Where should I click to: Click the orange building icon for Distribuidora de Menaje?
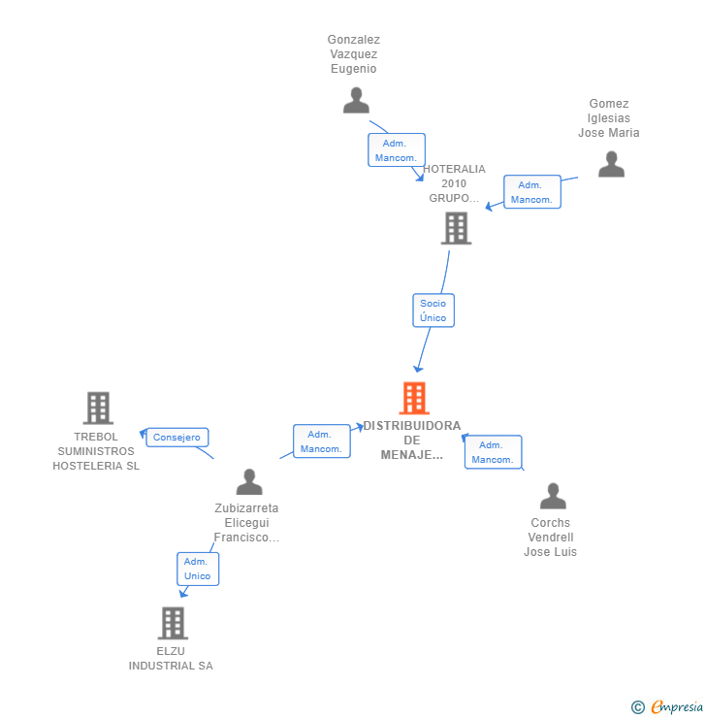[x=414, y=398]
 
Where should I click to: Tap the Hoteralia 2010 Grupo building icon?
[x=456, y=228]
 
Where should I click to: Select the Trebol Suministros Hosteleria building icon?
[x=98, y=408]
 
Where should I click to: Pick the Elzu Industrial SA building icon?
[x=173, y=623]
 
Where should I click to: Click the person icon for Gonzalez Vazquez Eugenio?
[x=356, y=101]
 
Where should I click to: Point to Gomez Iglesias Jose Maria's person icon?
[x=611, y=165]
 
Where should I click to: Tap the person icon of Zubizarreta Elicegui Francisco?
[x=249, y=482]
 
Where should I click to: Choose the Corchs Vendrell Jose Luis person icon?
[x=553, y=497]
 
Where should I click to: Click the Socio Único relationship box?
[x=433, y=310]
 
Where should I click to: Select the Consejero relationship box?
[x=176, y=438]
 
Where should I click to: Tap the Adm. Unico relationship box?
[x=197, y=569]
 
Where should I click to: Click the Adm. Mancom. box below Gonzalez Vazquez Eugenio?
[x=396, y=150]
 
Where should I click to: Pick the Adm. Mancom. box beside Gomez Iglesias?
[x=531, y=192]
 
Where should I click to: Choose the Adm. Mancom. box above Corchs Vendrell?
[x=493, y=452]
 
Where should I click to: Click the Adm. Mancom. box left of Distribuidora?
[x=321, y=441]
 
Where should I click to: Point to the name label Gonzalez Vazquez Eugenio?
[x=354, y=54]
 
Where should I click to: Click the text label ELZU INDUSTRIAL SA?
[x=171, y=659]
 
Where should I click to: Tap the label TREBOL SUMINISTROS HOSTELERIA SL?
[x=96, y=451]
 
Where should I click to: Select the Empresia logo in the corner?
[x=676, y=707]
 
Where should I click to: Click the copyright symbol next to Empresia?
[x=638, y=707]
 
